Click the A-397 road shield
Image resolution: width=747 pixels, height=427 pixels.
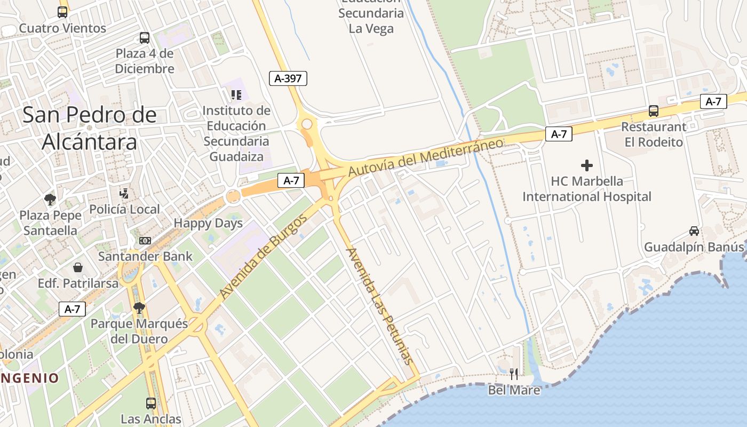click(288, 78)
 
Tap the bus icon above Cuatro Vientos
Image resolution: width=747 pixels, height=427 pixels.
click(62, 12)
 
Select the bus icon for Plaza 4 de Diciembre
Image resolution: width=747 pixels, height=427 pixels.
click(145, 38)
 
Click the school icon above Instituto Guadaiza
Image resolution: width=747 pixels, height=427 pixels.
click(236, 95)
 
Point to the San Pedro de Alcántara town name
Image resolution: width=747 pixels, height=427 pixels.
click(90, 128)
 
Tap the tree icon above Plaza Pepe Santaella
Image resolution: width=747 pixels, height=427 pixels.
click(51, 200)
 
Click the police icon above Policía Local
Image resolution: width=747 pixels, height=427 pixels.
click(124, 193)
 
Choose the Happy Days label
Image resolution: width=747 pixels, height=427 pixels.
click(208, 223)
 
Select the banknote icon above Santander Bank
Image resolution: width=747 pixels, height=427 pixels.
click(145, 241)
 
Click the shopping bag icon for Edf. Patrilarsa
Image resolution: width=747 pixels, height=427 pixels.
click(78, 267)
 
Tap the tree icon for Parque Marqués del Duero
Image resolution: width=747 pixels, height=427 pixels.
click(139, 307)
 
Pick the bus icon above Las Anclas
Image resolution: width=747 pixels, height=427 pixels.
click(151, 403)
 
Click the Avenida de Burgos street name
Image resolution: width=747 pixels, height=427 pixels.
click(264, 256)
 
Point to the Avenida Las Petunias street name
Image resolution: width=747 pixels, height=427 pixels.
click(380, 306)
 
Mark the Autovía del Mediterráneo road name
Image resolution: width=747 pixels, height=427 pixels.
click(425, 157)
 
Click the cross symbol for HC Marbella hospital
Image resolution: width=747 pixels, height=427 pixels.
click(587, 165)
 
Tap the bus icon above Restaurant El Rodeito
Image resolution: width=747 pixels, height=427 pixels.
click(654, 111)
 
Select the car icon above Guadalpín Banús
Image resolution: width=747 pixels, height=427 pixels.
click(694, 231)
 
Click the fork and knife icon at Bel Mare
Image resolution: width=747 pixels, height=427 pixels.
click(514, 374)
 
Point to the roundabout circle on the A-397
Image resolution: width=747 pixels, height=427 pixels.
click(307, 124)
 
